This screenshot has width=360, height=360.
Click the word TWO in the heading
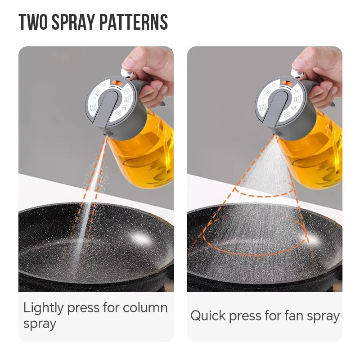tap(33, 22)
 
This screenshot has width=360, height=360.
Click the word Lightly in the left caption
tap(43, 309)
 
